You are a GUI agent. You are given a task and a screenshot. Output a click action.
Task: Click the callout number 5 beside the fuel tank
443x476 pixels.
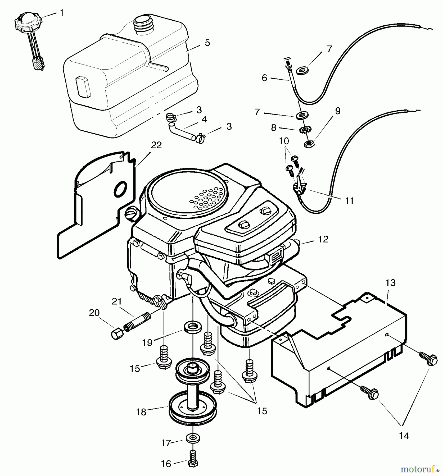pyautogui.click(x=207, y=43)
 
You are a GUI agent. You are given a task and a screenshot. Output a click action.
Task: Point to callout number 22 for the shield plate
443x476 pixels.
pyautogui.click(x=156, y=145)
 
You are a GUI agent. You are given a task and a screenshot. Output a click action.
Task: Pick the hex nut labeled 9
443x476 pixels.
pyautogui.click(x=308, y=144)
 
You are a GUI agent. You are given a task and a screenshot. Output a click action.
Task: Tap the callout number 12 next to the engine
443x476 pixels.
pyautogui.click(x=323, y=239)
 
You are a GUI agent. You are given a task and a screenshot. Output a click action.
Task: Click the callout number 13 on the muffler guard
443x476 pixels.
pyautogui.click(x=391, y=283)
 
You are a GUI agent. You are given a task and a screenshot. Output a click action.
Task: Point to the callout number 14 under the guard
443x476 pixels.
pyautogui.click(x=404, y=436)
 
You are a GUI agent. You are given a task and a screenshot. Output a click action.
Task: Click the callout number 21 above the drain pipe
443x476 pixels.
pyautogui.click(x=117, y=301)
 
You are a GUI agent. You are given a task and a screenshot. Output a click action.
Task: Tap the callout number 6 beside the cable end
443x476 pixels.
pyautogui.click(x=264, y=78)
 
